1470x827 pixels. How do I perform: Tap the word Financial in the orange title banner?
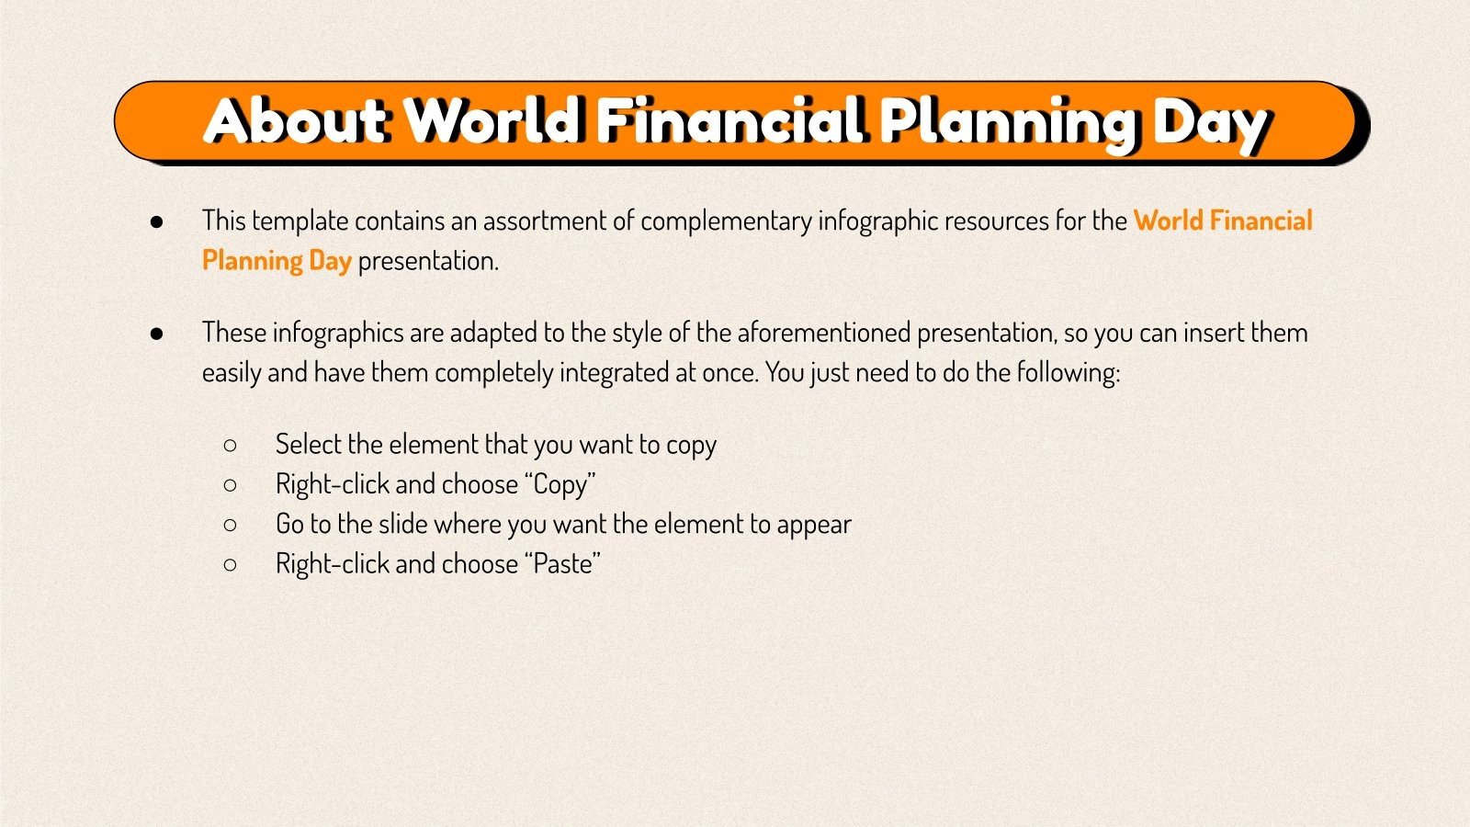[x=730, y=121]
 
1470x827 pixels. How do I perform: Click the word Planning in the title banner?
[x=1007, y=123]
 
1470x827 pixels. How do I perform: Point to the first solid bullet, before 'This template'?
[x=157, y=221]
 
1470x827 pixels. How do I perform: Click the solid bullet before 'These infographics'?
[x=157, y=334]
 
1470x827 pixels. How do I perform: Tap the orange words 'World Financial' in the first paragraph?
[x=1222, y=221]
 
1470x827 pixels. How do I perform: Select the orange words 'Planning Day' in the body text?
[x=277, y=261]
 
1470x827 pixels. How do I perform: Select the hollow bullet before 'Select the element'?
[x=230, y=446]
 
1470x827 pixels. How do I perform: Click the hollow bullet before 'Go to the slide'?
[x=230, y=525]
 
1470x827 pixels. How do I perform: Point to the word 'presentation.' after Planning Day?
[x=428, y=261]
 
